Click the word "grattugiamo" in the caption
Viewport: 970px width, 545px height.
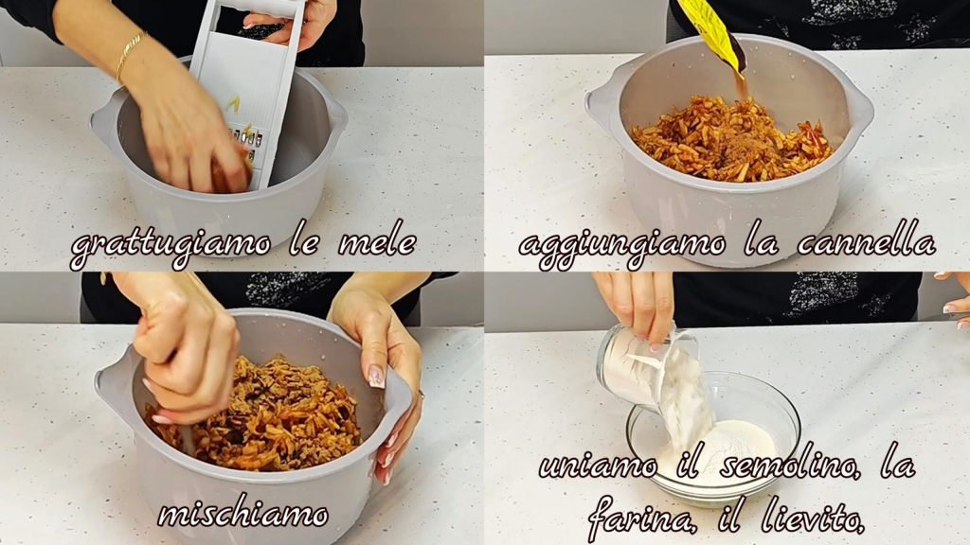tap(171, 245)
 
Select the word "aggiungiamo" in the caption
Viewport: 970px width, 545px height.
tap(622, 245)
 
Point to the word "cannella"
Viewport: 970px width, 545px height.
tap(866, 241)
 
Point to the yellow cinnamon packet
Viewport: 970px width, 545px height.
tap(712, 32)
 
